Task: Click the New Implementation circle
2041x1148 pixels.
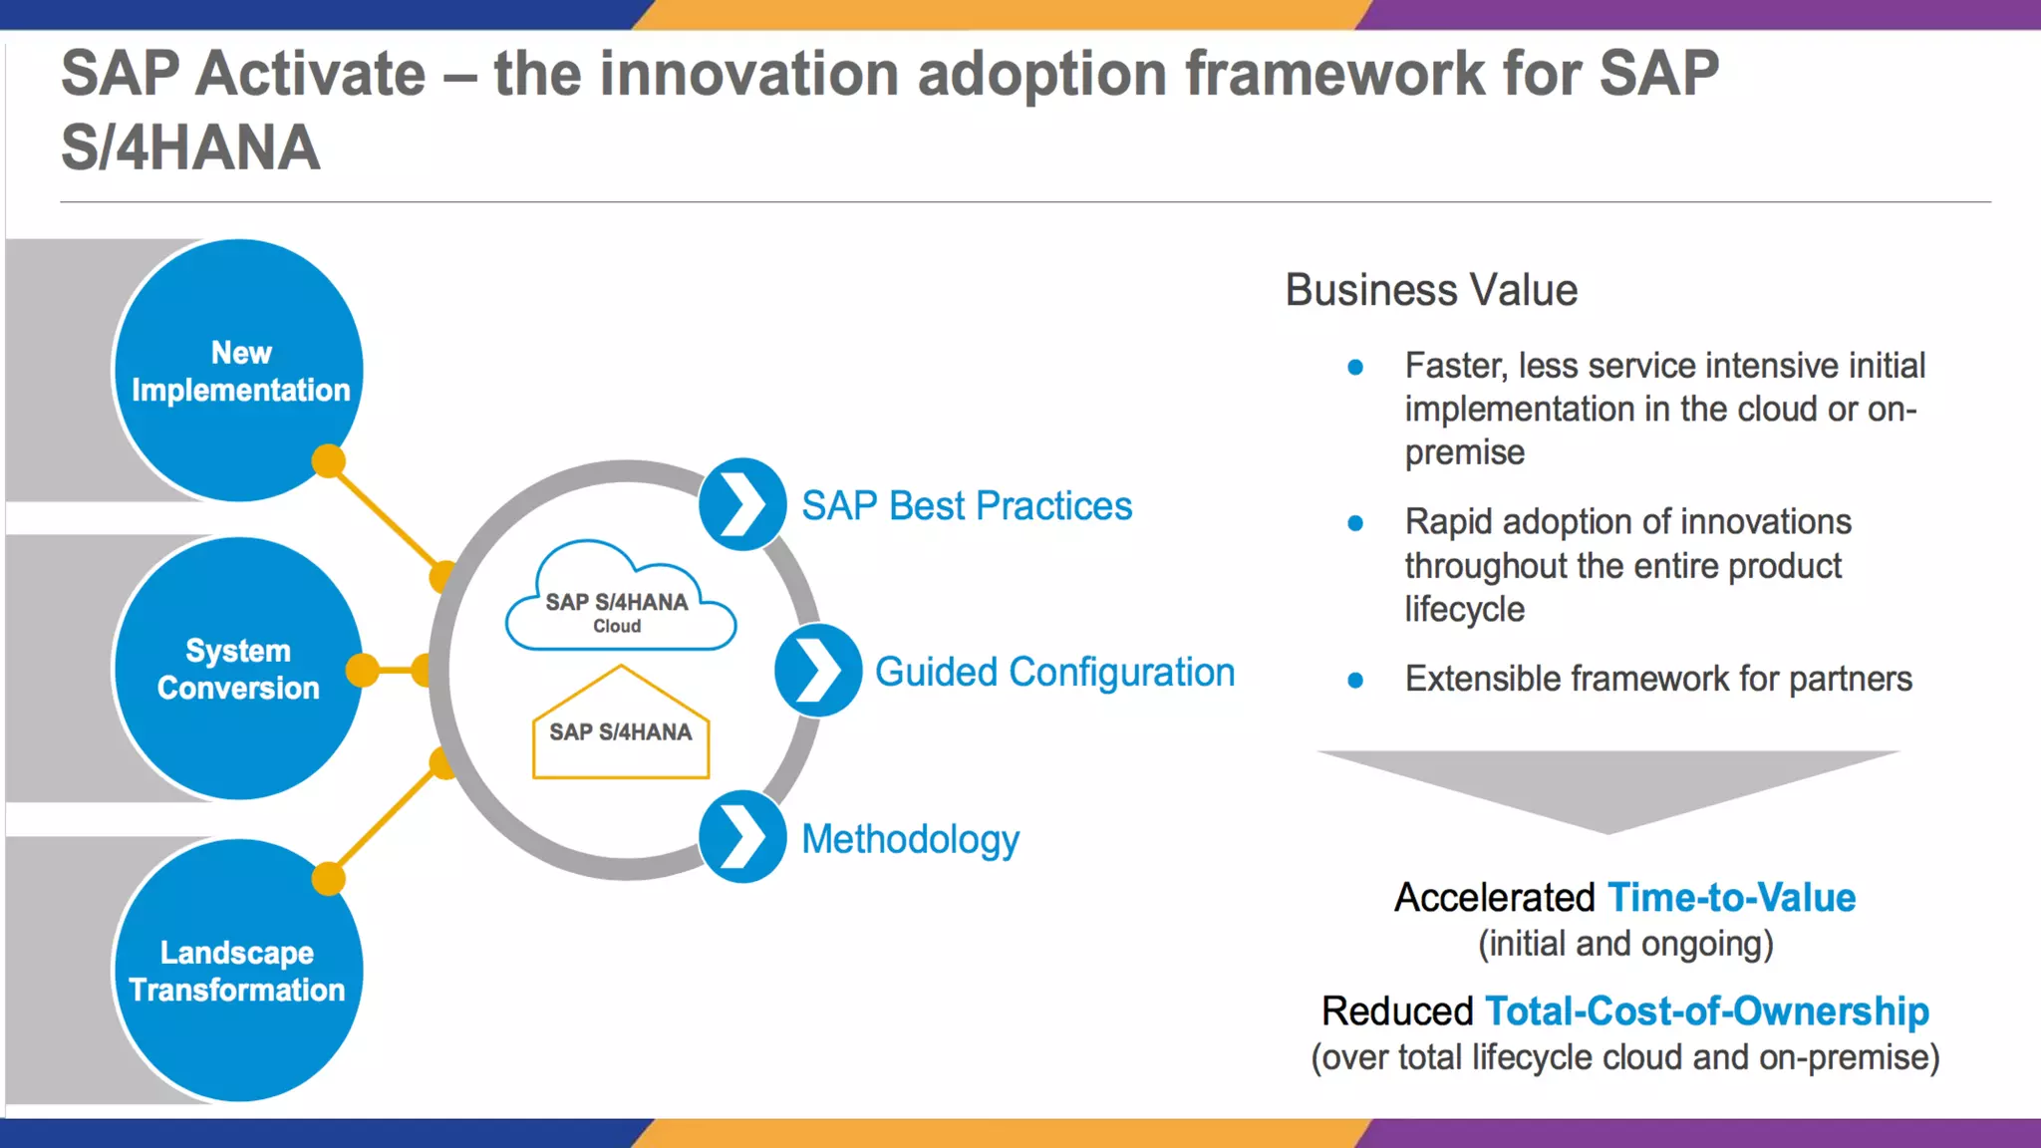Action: click(x=239, y=370)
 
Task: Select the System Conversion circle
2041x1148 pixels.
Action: click(x=239, y=669)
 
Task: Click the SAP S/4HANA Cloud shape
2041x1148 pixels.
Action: click(x=620, y=604)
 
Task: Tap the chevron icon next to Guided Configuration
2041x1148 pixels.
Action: click(x=818, y=671)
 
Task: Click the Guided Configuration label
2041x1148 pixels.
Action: click(x=1054, y=672)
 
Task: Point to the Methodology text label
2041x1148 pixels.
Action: click(x=910, y=839)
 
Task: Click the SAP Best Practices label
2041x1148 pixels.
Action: click(x=967, y=506)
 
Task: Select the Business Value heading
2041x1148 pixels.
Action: click(x=1431, y=290)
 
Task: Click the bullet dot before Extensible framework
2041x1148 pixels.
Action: click(x=1355, y=681)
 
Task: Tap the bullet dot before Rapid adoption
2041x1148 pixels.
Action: click(x=1355, y=523)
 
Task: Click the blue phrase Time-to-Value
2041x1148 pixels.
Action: click(x=1731, y=897)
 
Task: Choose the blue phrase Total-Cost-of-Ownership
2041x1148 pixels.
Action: click(x=1706, y=1010)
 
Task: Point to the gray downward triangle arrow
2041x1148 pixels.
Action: click(x=1607, y=783)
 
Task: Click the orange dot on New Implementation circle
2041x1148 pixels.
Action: click(x=328, y=461)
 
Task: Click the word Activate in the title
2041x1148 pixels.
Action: click(x=311, y=74)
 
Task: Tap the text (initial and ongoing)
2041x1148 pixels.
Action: click(x=1625, y=943)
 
